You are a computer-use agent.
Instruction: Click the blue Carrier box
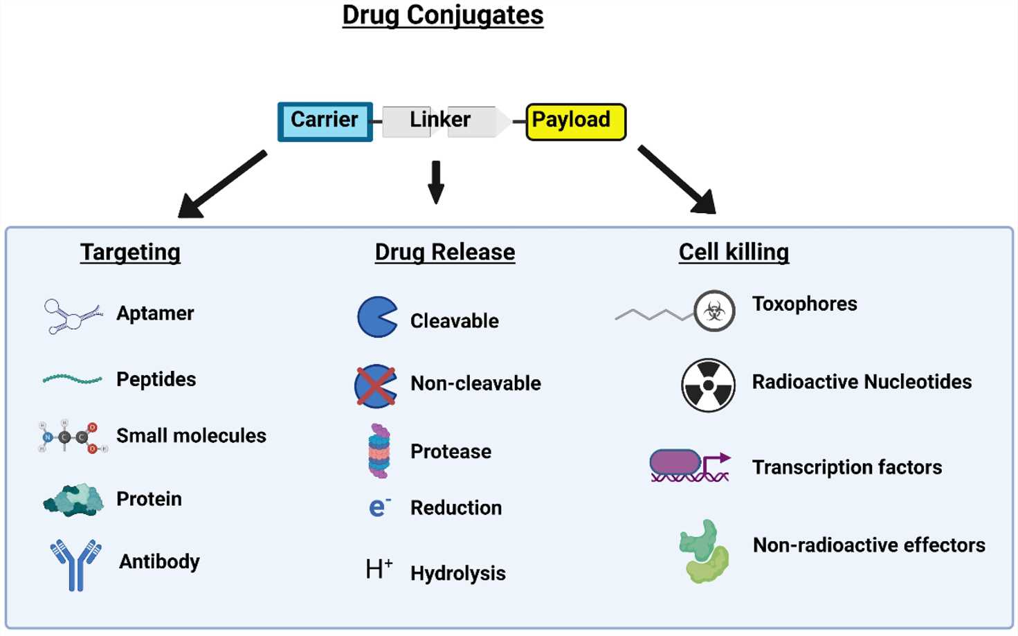(325, 121)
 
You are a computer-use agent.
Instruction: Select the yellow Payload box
(575, 121)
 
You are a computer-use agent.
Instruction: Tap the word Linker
(439, 120)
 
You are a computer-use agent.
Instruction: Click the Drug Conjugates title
(442, 15)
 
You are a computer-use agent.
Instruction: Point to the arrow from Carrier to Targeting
(221, 185)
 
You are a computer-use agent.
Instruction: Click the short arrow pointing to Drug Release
(435, 182)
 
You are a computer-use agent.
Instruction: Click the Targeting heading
(130, 252)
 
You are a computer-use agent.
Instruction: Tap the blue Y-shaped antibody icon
(75, 563)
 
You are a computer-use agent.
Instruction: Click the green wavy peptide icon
(72, 379)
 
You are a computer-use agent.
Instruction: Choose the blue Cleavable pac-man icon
(376, 317)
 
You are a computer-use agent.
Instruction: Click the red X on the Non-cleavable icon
(376, 386)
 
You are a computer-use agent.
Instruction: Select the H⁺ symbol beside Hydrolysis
(379, 569)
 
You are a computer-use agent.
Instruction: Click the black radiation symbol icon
(707, 385)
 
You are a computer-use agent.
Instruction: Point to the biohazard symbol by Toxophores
(714, 311)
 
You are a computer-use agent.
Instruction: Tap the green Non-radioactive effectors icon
(705, 552)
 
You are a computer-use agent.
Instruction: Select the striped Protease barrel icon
(379, 451)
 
